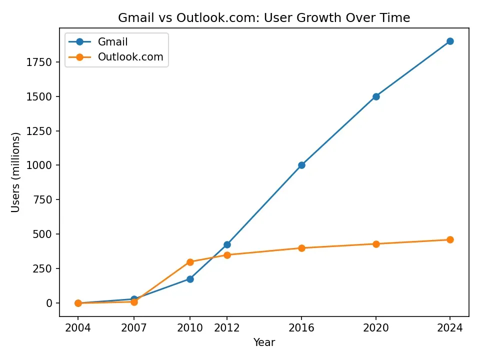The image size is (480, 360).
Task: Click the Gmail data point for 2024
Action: (450, 41)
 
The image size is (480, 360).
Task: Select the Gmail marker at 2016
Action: (301, 165)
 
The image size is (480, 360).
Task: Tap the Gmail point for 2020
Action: (376, 96)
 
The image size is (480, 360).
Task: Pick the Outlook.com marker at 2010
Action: (190, 262)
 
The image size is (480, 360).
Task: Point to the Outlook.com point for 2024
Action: (450, 239)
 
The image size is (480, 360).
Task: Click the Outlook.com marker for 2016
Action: (301, 248)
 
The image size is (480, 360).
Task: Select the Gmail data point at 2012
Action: (227, 244)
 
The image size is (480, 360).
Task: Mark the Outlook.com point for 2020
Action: (376, 244)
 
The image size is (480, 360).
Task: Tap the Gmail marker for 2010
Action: (190, 279)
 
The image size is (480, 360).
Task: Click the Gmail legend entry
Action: (113, 42)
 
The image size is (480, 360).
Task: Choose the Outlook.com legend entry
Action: (130, 57)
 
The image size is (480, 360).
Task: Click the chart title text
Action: (264, 18)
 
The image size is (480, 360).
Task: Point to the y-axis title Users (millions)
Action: (15, 172)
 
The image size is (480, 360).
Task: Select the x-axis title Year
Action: (264, 342)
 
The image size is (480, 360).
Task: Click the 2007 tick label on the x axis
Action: (134, 328)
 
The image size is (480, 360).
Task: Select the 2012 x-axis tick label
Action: (227, 328)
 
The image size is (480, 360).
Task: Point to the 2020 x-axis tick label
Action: (376, 328)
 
